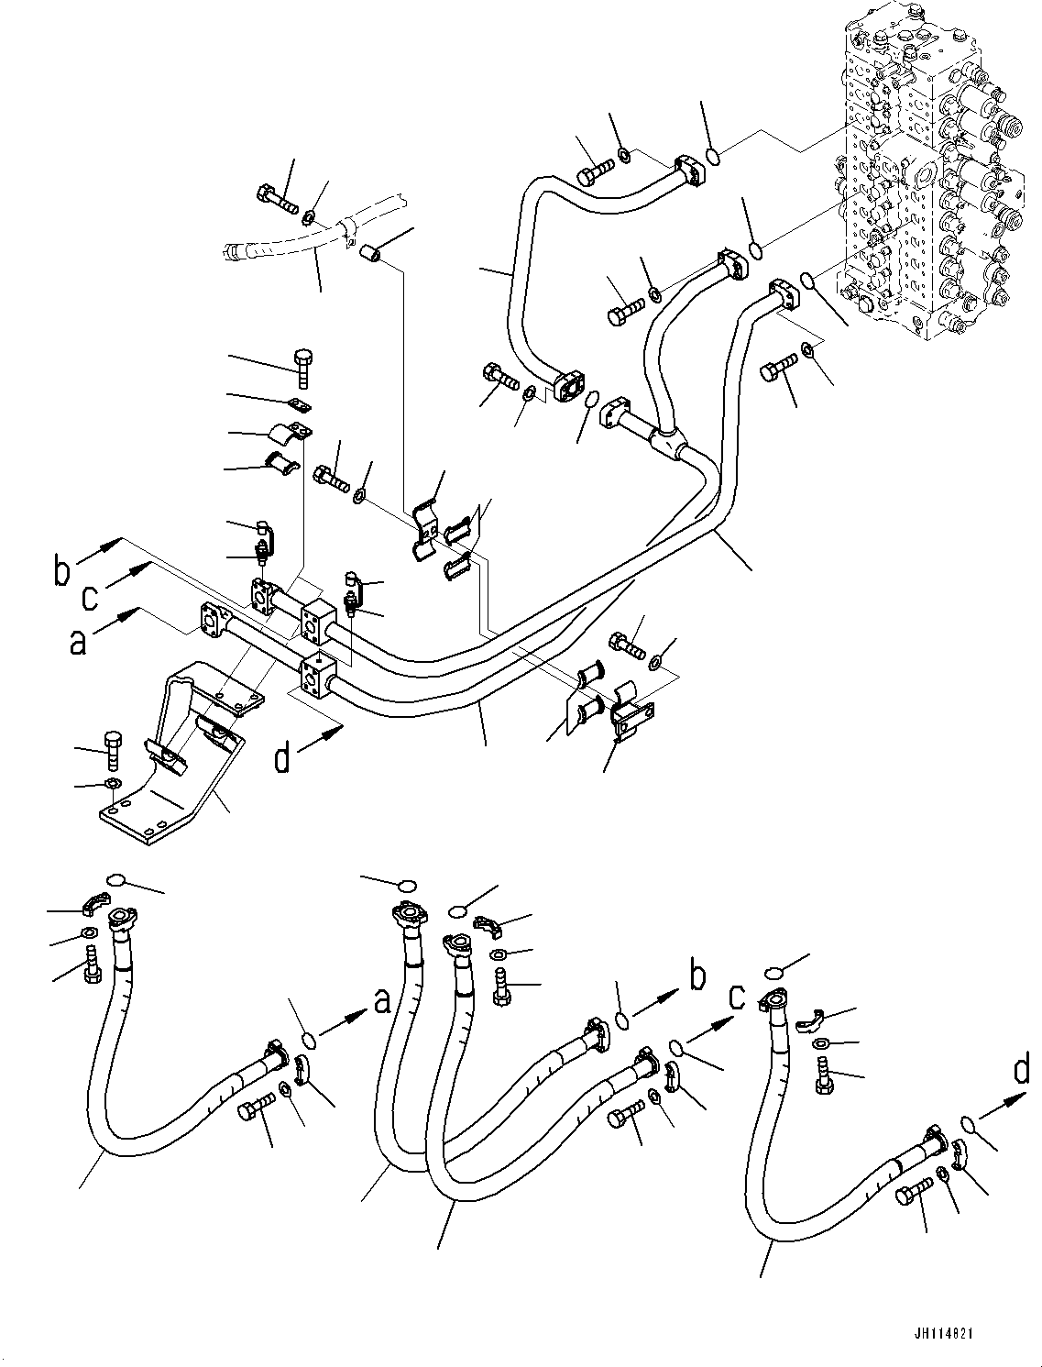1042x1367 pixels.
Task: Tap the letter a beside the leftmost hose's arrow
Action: tap(382, 1003)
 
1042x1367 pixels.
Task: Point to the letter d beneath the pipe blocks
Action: tap(283, 757)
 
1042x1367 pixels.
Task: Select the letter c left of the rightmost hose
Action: tap(736, 997)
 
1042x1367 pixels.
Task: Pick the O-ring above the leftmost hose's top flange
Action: tap(116, 881)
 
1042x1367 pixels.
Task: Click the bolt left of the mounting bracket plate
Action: tap(112, 748)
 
